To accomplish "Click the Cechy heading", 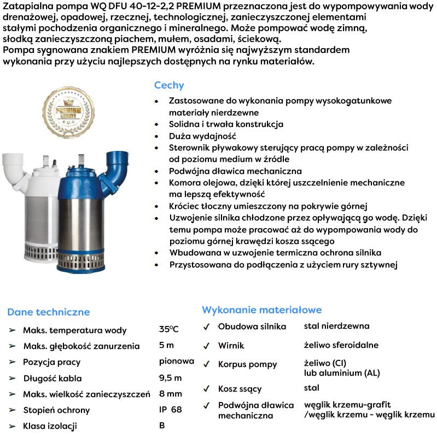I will pos(169,85).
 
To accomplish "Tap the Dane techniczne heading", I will pos(49,312).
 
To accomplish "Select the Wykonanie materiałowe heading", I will pos(262,310).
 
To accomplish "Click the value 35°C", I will pos(169,329).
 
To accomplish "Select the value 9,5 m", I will pos(170,377).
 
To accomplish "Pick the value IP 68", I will pos(171,409).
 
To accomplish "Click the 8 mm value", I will pos(171,393).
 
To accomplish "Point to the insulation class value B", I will pos(162,425).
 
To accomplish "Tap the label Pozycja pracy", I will pos(52,362).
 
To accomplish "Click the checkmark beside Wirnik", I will pos(206,346).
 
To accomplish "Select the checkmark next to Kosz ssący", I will pos(206,389).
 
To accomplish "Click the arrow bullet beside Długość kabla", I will pos(11,378).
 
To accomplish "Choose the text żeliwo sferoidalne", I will pos(341,345).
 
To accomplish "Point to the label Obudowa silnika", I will pos(252,326).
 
